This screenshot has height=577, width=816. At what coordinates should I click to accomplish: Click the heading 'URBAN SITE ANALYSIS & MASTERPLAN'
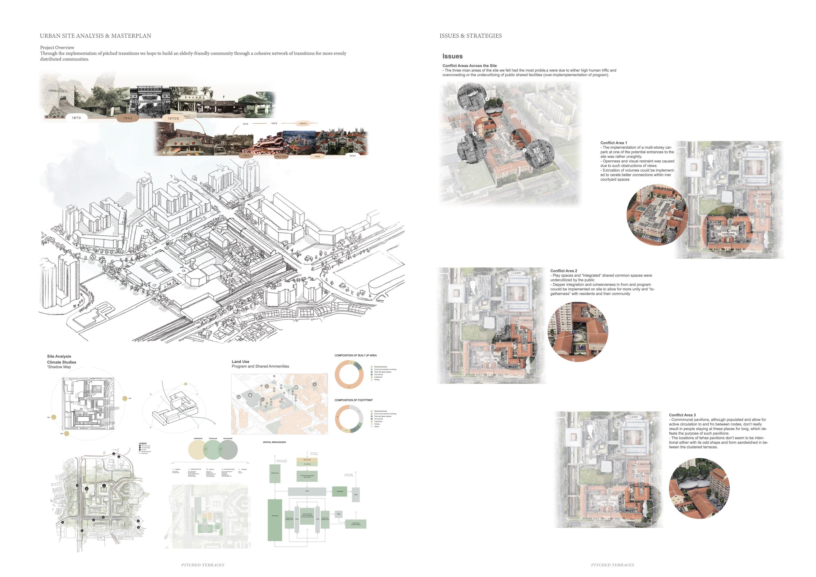[95, 36]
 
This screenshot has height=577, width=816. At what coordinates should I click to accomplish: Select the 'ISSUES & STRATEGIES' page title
[471, 36]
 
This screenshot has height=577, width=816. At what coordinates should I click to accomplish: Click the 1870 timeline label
[76, 118]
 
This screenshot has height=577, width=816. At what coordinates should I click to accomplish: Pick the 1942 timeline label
[128, 118]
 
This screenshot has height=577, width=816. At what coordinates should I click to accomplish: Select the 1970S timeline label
[173, 118]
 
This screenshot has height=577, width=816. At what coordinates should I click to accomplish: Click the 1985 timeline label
[317, 156]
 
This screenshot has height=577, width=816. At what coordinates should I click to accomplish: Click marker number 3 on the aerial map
[487, 99]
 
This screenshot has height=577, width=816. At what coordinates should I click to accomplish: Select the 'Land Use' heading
[240, 361]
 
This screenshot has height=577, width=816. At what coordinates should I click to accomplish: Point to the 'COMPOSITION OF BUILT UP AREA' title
[355, 355]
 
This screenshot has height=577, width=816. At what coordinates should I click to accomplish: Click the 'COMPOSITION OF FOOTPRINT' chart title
[353, 400]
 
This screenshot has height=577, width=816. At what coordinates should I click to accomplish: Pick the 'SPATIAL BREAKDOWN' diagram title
[274, 442]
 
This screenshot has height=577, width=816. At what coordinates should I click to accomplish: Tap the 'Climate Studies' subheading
[61, 362]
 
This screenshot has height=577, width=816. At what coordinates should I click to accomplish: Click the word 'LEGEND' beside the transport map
[142, 444]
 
